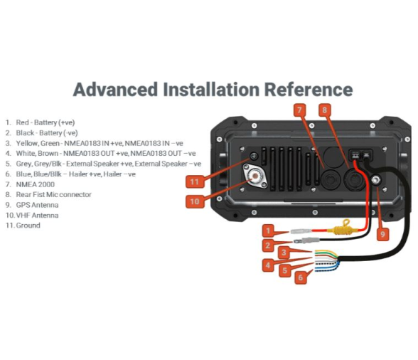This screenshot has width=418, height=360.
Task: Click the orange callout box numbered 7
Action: [x=299, y=110]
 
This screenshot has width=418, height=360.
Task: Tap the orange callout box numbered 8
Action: [x=325, y=110]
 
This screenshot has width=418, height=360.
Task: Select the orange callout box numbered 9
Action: [x=382, y=234]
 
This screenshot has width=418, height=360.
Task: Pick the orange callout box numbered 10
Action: [x=195, y=201]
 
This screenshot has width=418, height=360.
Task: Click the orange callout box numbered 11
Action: [x=195, y=182]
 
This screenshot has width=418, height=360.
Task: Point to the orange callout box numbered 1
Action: [x=268, y=231]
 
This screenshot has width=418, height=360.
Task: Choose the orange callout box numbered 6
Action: [x=301, y=277]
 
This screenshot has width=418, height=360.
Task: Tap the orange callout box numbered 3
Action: [x=284, y=252]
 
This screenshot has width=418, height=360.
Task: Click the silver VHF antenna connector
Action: [x=254, y=176]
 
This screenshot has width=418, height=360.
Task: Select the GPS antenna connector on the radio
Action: [x=376, y=180]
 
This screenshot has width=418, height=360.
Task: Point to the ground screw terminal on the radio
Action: [x=253, y=156]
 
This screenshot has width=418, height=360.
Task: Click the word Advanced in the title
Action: [x=115, y=90]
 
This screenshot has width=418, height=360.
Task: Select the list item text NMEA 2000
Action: [x=36, y=184]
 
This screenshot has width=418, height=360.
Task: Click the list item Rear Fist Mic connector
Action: [x=53, y=194]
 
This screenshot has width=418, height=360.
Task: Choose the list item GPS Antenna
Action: [x=37, y=205]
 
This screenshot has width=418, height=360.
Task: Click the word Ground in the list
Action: [x=28, y=226]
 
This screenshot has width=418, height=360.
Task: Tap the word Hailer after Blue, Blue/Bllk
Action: [x=78, y=174]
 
